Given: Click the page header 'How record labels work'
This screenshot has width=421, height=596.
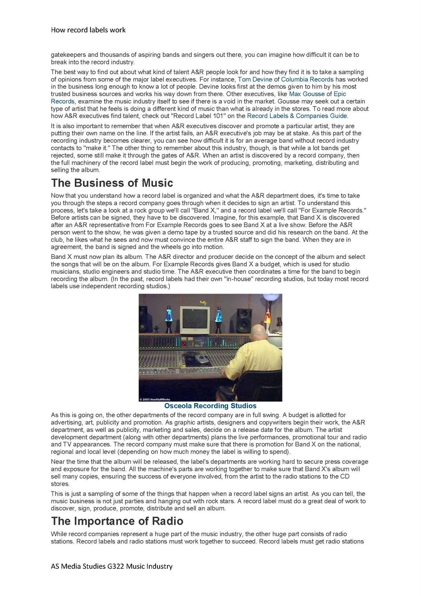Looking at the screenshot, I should pos(88,30).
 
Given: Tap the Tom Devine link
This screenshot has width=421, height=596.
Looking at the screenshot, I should pos(255,79).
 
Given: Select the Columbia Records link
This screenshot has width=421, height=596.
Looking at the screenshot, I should pos(307,79).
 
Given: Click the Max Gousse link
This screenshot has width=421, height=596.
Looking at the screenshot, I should pos(307,94).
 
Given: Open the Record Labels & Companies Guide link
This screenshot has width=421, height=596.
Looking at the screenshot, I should pos(297,116).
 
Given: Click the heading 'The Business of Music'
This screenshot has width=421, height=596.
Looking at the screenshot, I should pos(112,183).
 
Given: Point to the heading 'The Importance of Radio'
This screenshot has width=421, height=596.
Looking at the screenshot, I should pos(117,521).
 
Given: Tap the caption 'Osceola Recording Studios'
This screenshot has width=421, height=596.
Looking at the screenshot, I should pos(210,406).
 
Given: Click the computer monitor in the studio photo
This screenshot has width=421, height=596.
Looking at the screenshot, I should pos(195,319).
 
